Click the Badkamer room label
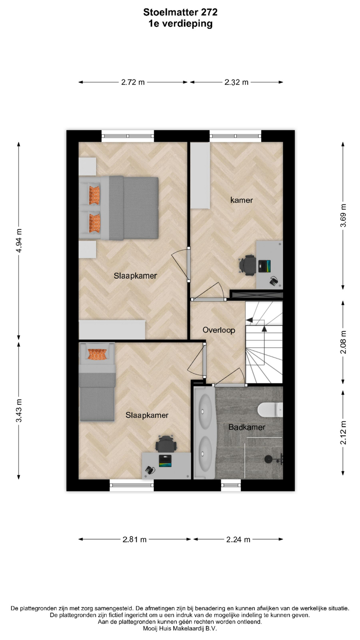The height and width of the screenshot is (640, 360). tap(247, 427)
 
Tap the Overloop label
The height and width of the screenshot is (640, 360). tap(219, 330)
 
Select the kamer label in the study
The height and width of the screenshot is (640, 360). tap(242, 200)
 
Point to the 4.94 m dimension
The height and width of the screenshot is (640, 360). tap(19, 240)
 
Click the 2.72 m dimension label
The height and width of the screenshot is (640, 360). tap(133, 82)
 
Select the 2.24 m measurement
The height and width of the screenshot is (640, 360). tap(238, 539)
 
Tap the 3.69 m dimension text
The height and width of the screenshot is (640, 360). tap(343, 215)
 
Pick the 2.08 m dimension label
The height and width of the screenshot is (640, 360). tap(343, 342)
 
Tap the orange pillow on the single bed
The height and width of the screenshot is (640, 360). tap(97, 354)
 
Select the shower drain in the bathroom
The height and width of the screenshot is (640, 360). tap(268, 459)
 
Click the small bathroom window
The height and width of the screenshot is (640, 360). tap(231, 485)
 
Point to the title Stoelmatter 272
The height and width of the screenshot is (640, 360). tap(180, 12)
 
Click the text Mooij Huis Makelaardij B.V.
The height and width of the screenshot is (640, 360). tap(180, 628)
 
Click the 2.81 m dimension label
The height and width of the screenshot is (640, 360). tap(135, 539)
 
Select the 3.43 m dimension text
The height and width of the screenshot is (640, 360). tap(19, 410)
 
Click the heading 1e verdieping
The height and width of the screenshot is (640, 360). tap(180, 24)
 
